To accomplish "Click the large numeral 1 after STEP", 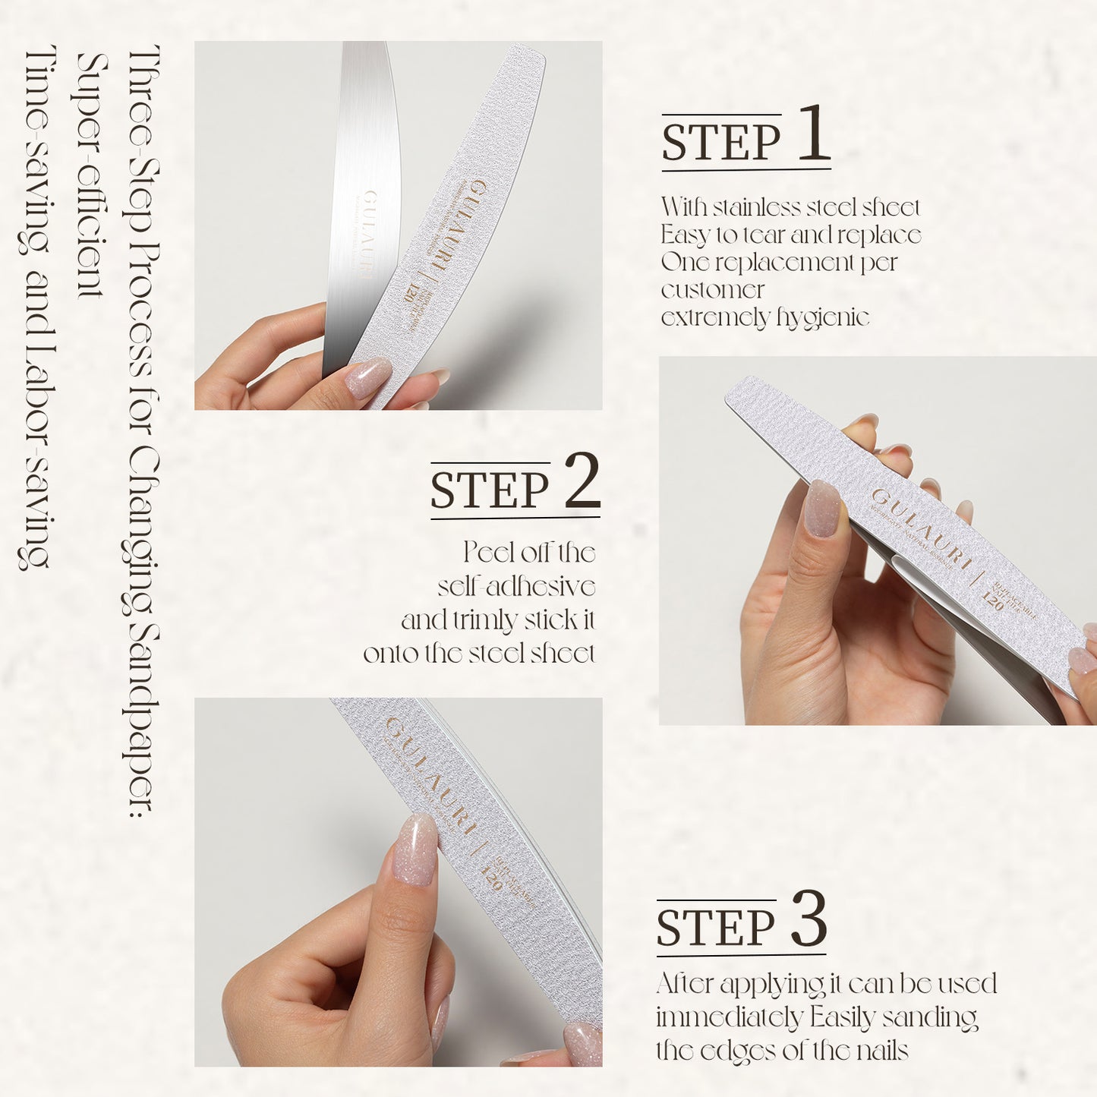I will [813, 134].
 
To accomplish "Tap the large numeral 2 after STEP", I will [582, 481].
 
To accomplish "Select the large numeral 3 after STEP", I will [809, 919].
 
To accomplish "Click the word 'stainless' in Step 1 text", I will [755, 207].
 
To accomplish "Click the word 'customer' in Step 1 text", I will [712, 290].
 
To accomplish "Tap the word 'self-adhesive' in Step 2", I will [516, 587].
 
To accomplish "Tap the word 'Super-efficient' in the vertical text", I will [91, 175].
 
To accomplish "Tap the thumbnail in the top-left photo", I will [367, 377].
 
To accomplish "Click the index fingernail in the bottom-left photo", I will [416, 850].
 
